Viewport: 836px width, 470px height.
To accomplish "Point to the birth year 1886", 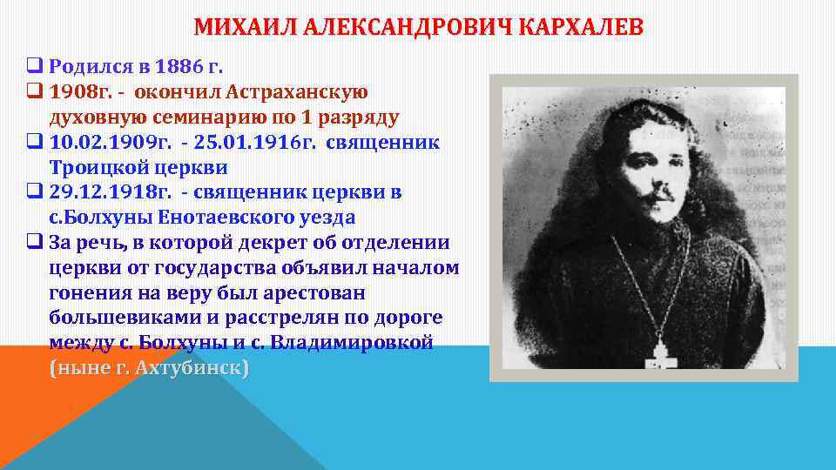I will (176, 65).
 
